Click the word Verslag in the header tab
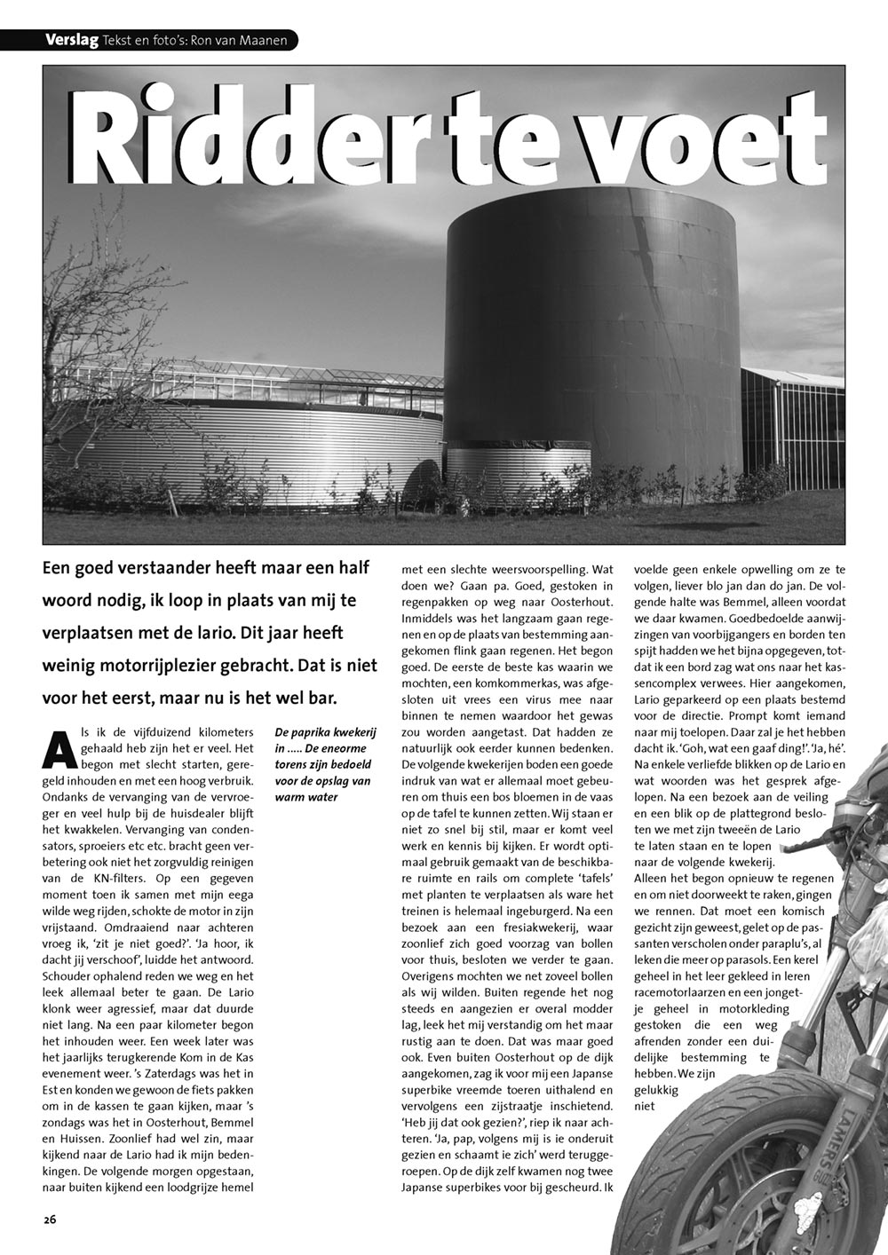pos(72,40)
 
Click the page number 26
pos(50,1219)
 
